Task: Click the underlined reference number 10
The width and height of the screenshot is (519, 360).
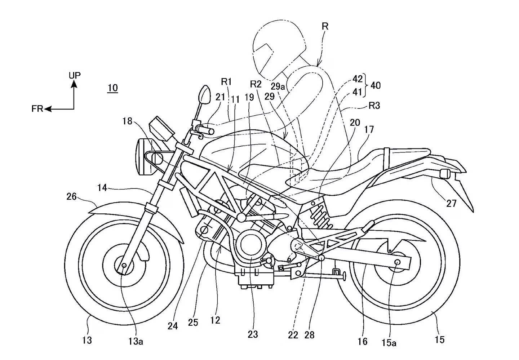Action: [112, 88]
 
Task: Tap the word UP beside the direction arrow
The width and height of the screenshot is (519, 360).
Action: [75, 75]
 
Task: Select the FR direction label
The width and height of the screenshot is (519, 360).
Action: [37, 108]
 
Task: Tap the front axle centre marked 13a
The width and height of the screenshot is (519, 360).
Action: [124, 266]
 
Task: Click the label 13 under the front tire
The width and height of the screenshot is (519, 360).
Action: [87, 339]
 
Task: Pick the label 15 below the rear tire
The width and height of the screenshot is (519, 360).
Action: [439, 339]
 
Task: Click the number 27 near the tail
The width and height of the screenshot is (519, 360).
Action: [451, 204]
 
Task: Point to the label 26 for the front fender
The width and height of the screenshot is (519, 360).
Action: [72, 197]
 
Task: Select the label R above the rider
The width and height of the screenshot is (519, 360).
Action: [325, 26]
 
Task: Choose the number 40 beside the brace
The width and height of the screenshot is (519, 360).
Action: [375, 85]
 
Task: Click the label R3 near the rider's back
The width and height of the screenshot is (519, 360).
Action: [374, 106]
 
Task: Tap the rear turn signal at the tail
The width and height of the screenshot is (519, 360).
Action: [445, 173]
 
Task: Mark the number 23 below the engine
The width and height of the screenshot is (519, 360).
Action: [253, 334]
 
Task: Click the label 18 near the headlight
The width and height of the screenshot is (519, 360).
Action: [127, 121]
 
